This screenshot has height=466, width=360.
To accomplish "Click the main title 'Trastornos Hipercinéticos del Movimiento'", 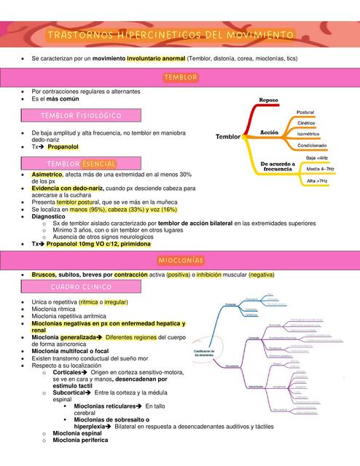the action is [171, 35].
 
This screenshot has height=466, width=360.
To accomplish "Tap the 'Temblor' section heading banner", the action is [181, 77].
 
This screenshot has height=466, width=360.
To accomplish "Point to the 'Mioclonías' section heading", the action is [180, 261].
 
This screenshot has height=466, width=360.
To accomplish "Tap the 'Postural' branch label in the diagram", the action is [305, 111].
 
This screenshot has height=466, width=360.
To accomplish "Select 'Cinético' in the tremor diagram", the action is [306, 123].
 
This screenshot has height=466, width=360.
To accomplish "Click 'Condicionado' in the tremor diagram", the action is [311, 145].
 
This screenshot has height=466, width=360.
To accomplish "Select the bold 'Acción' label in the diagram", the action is [270, 132].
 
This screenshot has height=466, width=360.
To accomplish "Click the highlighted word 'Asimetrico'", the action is [47, 175].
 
